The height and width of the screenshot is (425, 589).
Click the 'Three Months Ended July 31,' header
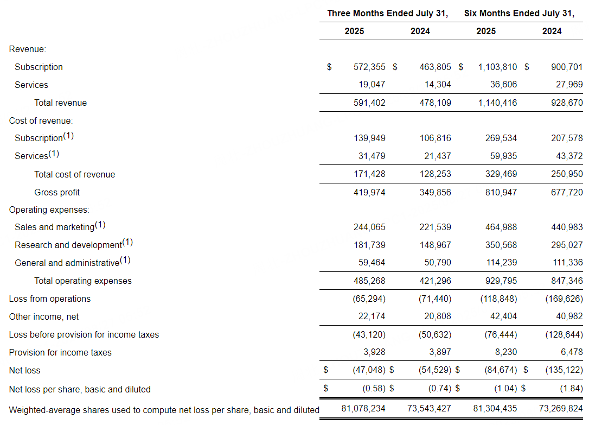pyautogui.click(x=387, y=14)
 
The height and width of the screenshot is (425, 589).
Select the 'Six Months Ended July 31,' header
pyautogui.click(x=519, y=14)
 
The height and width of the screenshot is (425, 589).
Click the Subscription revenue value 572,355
pyautogui.click(x=369, y=67)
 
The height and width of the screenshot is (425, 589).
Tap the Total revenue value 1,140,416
pyautogui.click(x=497, y=103)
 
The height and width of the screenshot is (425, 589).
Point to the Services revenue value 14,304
pyautogui.click(x=438, y=85)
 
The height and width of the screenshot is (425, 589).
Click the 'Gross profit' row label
pyautogui.click(x=57, y=192)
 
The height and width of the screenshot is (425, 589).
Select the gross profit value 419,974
pyautogui.click(x=369, y=192)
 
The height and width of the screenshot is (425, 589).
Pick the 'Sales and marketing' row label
pyautogui.click(x=54, y=227)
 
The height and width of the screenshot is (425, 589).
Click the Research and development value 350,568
pyautogui.click(x=501, y=245)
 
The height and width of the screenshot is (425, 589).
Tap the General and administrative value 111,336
pyautogui.click(x=567, y=263)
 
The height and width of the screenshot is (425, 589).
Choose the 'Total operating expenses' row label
pyautogui.click(x=83, y=281)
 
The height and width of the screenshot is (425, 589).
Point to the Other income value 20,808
pyautogui.click(x=438, y=316)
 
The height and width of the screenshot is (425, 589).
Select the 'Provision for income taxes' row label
pyautogui.click(x=60, y=352)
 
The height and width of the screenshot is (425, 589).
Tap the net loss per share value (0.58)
pyautogui.click(x=374, y=389)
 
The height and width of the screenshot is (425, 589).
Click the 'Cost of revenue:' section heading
pyautogui.click(x=41, y=120)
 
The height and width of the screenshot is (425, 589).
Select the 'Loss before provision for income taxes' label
pyautogui.click(x=84, y=334)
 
